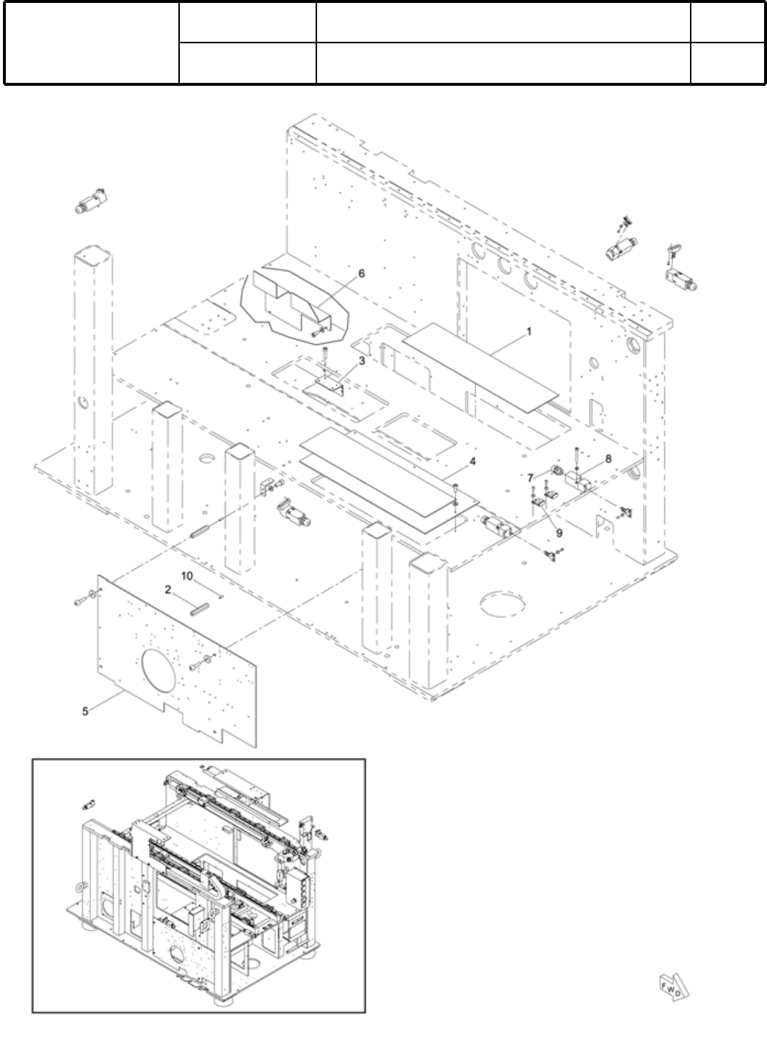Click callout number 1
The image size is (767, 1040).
coord(528,332)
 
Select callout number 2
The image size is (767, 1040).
coord(168,589)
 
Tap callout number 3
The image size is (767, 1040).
coord(362,361)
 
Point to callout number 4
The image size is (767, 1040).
coord(473,461)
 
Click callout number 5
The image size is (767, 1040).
coord(86,711)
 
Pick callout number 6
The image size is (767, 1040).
coord(361,273)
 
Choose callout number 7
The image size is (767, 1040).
coord(530,477)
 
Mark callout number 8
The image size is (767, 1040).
coord(608,458)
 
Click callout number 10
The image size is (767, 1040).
coord(187,576)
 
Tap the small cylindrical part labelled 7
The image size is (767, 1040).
coord(557,469)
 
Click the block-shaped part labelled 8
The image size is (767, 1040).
coord(578,482)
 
